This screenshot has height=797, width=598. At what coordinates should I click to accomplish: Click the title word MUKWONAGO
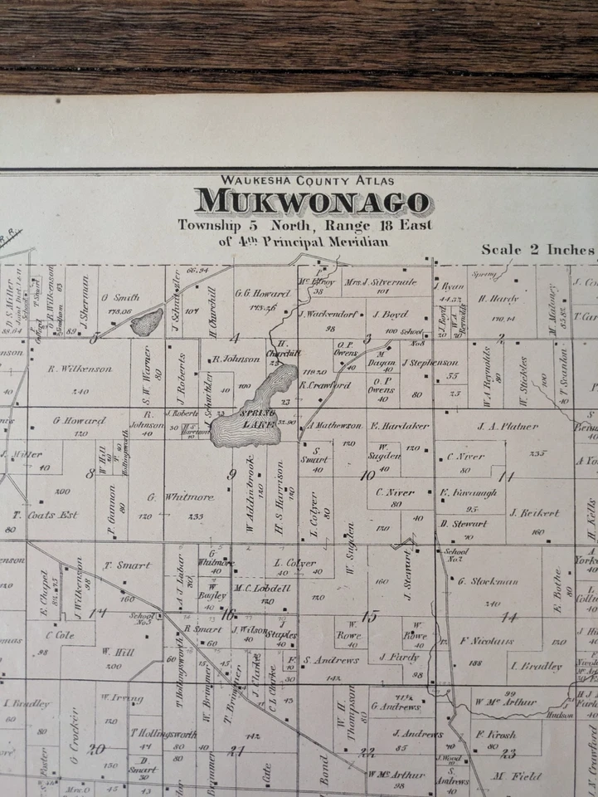[314, 202]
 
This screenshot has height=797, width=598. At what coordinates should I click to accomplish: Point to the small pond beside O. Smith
[148, 322]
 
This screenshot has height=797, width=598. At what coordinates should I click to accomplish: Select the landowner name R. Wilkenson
[80, 369]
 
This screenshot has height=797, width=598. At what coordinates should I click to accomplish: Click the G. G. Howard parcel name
[262, 293]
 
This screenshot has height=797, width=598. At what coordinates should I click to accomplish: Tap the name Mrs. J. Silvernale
[381, 282]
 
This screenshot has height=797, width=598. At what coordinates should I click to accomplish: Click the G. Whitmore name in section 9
[170, 497]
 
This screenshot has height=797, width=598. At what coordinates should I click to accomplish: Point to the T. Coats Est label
[46, 515]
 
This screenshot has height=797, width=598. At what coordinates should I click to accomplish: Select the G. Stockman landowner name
[488, 581]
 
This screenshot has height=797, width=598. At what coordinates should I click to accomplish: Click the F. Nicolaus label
[488, 641]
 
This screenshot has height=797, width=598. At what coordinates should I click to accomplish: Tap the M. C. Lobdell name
[262, 588]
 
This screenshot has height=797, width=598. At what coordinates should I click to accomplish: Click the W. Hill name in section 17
[119, 653]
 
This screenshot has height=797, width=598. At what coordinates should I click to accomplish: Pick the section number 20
[97, 749]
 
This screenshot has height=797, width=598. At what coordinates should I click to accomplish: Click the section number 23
[508, 754]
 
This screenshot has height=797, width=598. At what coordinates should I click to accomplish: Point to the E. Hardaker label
[400, 426]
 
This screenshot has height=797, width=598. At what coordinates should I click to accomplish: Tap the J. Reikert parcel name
[534, 513]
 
